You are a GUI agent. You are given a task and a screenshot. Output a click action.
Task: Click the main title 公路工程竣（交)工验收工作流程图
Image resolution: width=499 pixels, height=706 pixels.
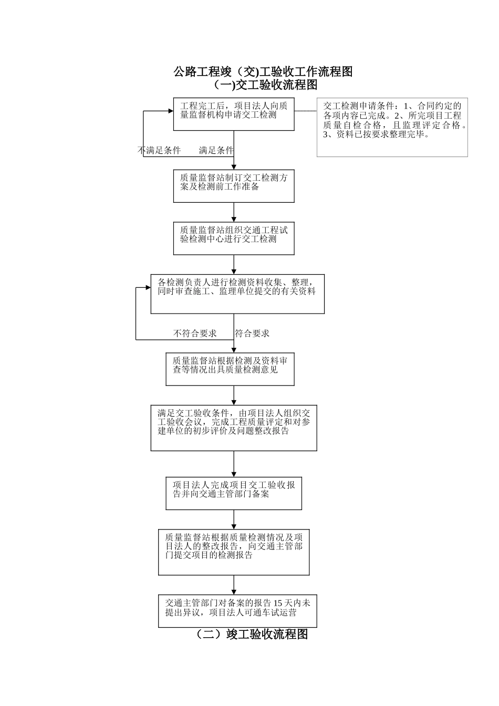[x=263, y=72]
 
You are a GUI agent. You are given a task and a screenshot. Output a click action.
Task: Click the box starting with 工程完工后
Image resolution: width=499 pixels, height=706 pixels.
[x=234, y=114]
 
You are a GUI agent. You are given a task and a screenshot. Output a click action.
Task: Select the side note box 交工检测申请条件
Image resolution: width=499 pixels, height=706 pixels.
[x=392, y=128]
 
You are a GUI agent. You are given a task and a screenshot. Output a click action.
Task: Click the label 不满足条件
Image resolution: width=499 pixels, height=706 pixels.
[x=159, y=151]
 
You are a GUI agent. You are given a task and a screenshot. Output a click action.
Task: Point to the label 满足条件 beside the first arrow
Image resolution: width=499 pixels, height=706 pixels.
[x=215, y=151]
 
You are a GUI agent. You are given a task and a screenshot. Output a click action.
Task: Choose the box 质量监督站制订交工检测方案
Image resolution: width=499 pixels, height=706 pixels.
[x=234, y=185]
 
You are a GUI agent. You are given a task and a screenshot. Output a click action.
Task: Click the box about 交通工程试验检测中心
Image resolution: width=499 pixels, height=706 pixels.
[x=234, y=238]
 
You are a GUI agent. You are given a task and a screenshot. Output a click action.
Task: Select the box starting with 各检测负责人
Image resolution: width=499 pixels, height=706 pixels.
[x=237, y=294]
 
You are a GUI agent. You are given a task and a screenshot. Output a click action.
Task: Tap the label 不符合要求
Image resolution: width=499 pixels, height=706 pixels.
[x=195, y=334]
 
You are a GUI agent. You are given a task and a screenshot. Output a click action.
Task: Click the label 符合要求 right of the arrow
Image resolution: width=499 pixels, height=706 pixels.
[x=252, y=334]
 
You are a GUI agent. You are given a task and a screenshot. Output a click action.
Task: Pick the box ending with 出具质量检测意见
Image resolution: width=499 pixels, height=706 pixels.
[x=230, y=369]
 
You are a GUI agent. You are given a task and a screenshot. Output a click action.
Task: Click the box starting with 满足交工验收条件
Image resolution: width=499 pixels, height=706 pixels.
[x=234, y=428]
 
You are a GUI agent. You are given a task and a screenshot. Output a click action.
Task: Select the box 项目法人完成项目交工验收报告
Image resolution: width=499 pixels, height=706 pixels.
[x=234, y=493]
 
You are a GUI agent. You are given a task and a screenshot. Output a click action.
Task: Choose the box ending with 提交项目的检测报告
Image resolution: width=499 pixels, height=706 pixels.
[x=234, y=552]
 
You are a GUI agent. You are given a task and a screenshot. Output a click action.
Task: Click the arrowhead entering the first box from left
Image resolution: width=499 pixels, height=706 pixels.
[x=170, y=111]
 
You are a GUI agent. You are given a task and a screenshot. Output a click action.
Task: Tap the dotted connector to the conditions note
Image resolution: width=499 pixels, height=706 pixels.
[x=305, y=111]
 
